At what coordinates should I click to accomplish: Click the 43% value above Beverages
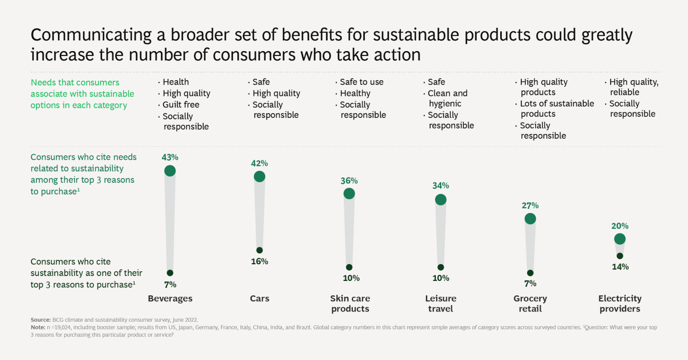[x=170, y=157]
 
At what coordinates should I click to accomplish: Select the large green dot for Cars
[x=259, y=177]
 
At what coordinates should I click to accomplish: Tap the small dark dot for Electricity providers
[x=620, y=256]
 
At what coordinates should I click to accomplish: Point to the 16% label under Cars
[x=259, y=262]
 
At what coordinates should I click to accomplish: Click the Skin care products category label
[x=350, y=303]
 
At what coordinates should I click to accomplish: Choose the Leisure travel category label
[x=441, y=303]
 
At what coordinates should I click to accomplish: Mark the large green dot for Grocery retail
[x=530, y=218]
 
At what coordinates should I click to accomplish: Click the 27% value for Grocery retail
[x=530, y=205]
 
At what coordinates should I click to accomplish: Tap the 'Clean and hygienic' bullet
[x=448, y=98]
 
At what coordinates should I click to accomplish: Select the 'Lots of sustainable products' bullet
[x=557, y=109]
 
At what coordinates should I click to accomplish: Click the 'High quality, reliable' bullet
[x=633, y=87]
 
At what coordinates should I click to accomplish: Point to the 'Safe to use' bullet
[x=361, y=82]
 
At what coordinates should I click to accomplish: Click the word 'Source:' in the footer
[x=40, y=320]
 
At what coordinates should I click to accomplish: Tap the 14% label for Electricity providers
[x=620, y=267]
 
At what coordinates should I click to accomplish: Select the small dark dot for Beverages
[x=170, y=273]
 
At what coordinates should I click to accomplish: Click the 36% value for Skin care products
[x=349, y=180]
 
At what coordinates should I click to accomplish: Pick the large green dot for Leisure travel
[x=441, y=200]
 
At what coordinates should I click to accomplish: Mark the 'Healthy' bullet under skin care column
[x=355, y=93]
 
